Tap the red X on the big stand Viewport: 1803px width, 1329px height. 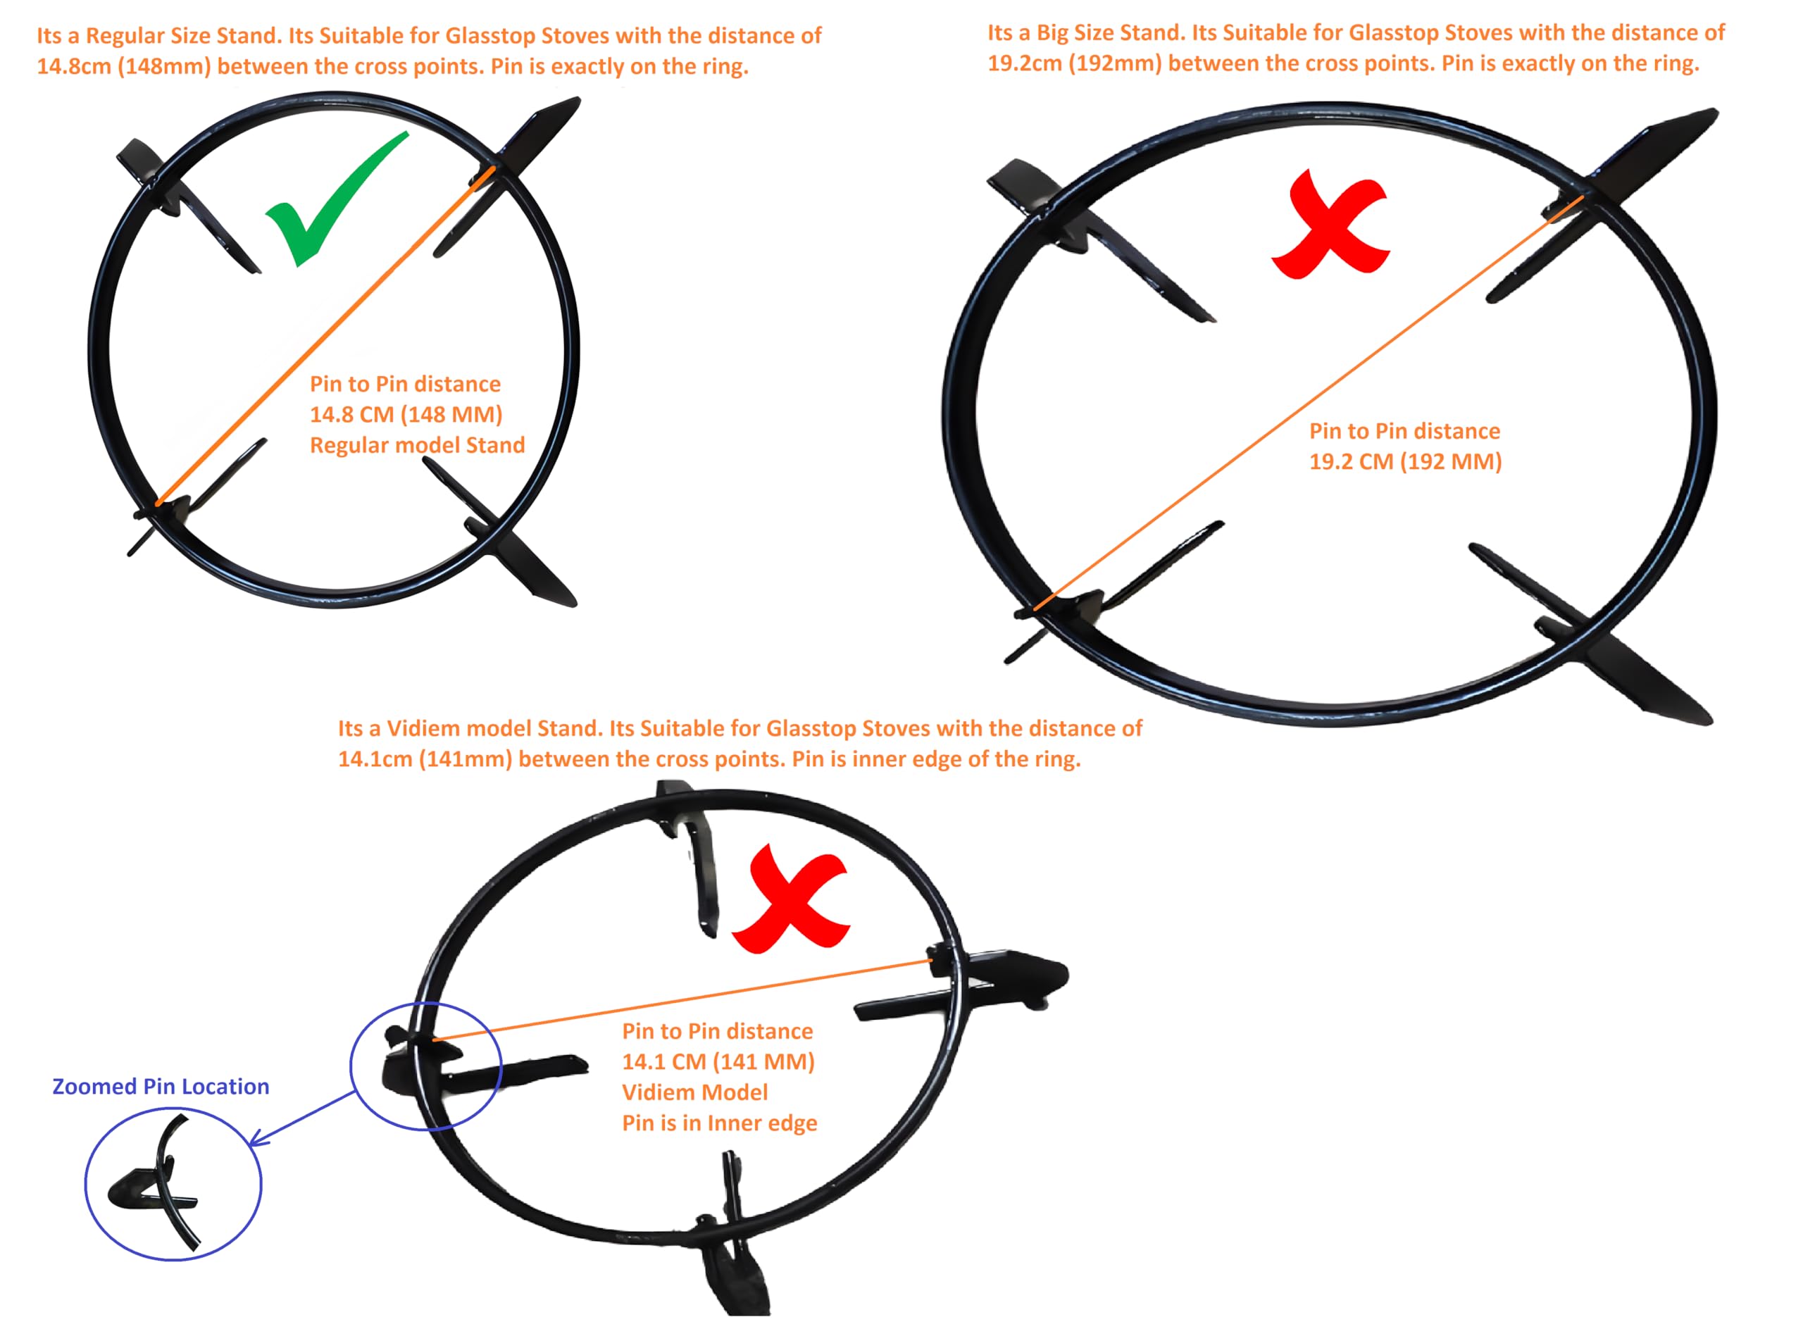coord(1329,226)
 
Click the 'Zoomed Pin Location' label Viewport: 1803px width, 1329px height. coord(161,1087)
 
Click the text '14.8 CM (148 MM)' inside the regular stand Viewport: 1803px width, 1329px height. coord(406,414)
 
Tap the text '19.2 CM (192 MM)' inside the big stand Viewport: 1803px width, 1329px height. coord(1405,462)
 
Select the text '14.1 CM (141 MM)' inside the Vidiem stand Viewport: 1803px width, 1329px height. coord(718,1062)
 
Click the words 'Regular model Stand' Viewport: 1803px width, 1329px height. coord(418,445)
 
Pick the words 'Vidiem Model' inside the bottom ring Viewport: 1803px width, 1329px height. coord(695,1092)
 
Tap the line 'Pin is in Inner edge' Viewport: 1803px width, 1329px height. coord(719,1123)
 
